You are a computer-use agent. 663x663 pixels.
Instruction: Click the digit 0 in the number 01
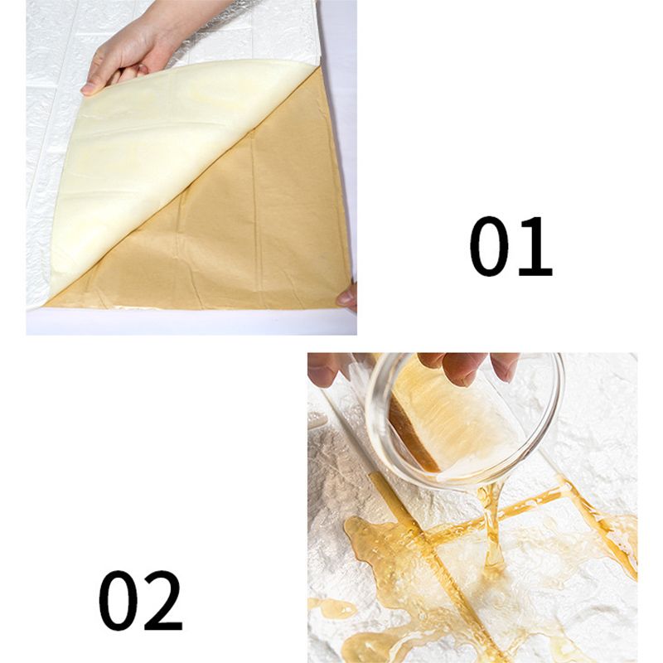click(489, 246)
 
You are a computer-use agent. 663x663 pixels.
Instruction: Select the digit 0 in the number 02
click(119, 600)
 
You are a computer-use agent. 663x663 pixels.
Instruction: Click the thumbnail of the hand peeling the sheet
click(191, 167)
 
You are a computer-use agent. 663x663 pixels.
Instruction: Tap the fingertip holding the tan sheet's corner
click(346, 298)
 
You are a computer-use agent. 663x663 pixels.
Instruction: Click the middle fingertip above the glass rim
click(463, 372)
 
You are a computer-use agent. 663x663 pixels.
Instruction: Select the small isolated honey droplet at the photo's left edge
click(333, 609)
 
